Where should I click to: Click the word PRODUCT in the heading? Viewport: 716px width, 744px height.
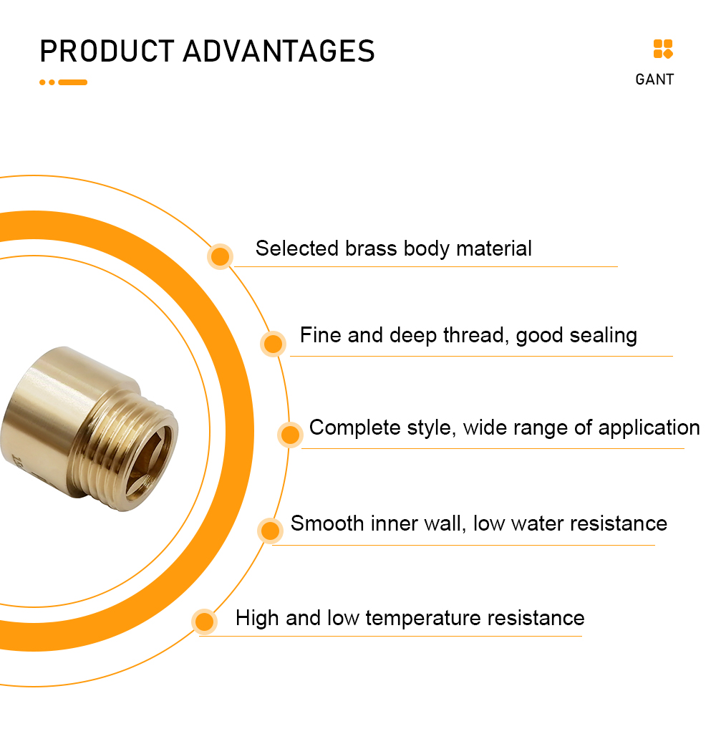[x=107, y=52]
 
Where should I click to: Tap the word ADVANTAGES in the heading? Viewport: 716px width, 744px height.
[x=279, y=52]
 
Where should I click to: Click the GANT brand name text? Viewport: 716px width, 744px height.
[x=654, y=79]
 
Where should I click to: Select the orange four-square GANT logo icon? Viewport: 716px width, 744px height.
[x=663, y=49]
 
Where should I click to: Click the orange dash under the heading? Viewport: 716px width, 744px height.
[x=72, y=82]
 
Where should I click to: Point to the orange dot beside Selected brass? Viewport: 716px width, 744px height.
[x=220, y=256]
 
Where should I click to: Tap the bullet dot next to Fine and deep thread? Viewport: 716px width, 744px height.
[x=273, y=344]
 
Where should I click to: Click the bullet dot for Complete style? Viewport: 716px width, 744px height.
[x=290, y=434]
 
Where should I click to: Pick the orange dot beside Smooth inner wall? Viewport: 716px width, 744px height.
[x=270, y=530]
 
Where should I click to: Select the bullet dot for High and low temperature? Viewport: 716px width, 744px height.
[x=204, y=622]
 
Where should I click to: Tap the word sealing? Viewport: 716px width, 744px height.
[x=603, y=336]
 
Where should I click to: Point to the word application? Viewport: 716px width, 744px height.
[x=649, y=428]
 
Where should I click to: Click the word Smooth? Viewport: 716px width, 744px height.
[x=327, y=523]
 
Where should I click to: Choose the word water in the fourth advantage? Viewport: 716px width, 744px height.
[x=538, y=524]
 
